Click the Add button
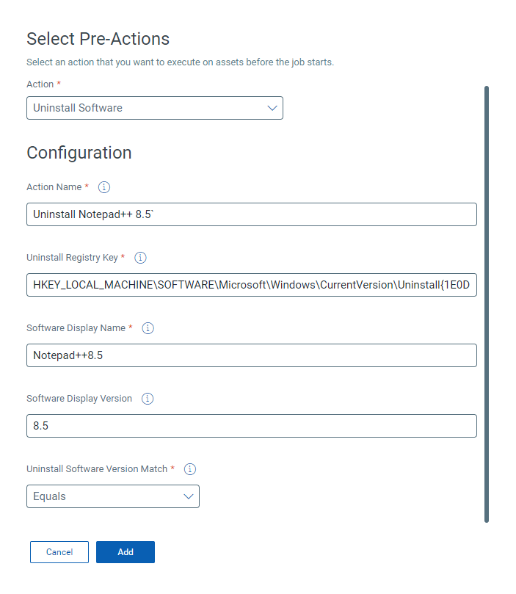(126, 552)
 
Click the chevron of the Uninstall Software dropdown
(272, 108)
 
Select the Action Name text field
(251, 214)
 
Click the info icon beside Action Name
(104, 187)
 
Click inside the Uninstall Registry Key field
(251, 285)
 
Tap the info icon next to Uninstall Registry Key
(141, 258)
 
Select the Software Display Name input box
(251, 355)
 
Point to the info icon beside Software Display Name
(148, 328)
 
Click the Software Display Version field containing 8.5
(251, 426)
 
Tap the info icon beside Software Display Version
(148, 399)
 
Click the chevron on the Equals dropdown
(189, 496)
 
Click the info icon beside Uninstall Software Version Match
(190, 469)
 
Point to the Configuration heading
(79, 153)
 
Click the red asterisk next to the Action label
(59, 84)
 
